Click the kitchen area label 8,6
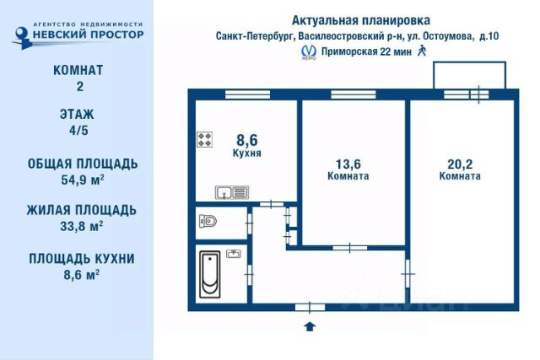point(246,141)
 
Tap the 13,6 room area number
point(348,164)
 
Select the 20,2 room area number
point(460,164)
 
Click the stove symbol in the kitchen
point(205,140)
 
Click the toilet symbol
point(208,221)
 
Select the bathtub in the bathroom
point(210,271)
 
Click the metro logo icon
point(310,52)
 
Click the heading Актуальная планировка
point(359,19)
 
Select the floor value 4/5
point(77,131)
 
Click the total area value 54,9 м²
point(77,179)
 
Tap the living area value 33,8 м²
point(77,225)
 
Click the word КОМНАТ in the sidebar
point(77,70)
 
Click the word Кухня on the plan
point(246,154)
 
